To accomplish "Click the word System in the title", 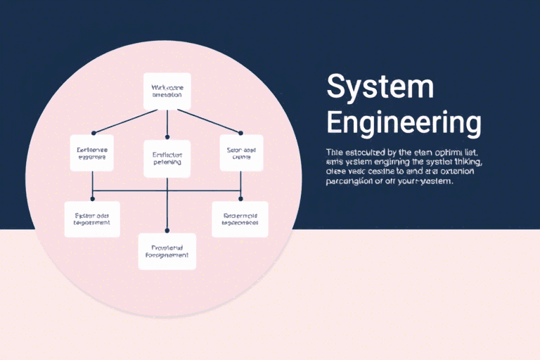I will point(380,87).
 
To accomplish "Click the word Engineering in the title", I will point(404,122).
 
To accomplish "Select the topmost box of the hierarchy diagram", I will point(167,91).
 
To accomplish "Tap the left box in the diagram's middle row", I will point(92,153).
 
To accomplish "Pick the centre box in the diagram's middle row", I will point(167,157).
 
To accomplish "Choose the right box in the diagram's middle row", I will point(241,153).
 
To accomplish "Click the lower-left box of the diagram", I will point(92,218).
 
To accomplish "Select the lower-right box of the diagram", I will point(240,219).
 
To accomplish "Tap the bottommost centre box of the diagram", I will point(167,252).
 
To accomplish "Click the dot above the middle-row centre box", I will point(167,136).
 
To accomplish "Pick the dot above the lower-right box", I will point(240,199).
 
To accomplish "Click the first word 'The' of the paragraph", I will point(335,152).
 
